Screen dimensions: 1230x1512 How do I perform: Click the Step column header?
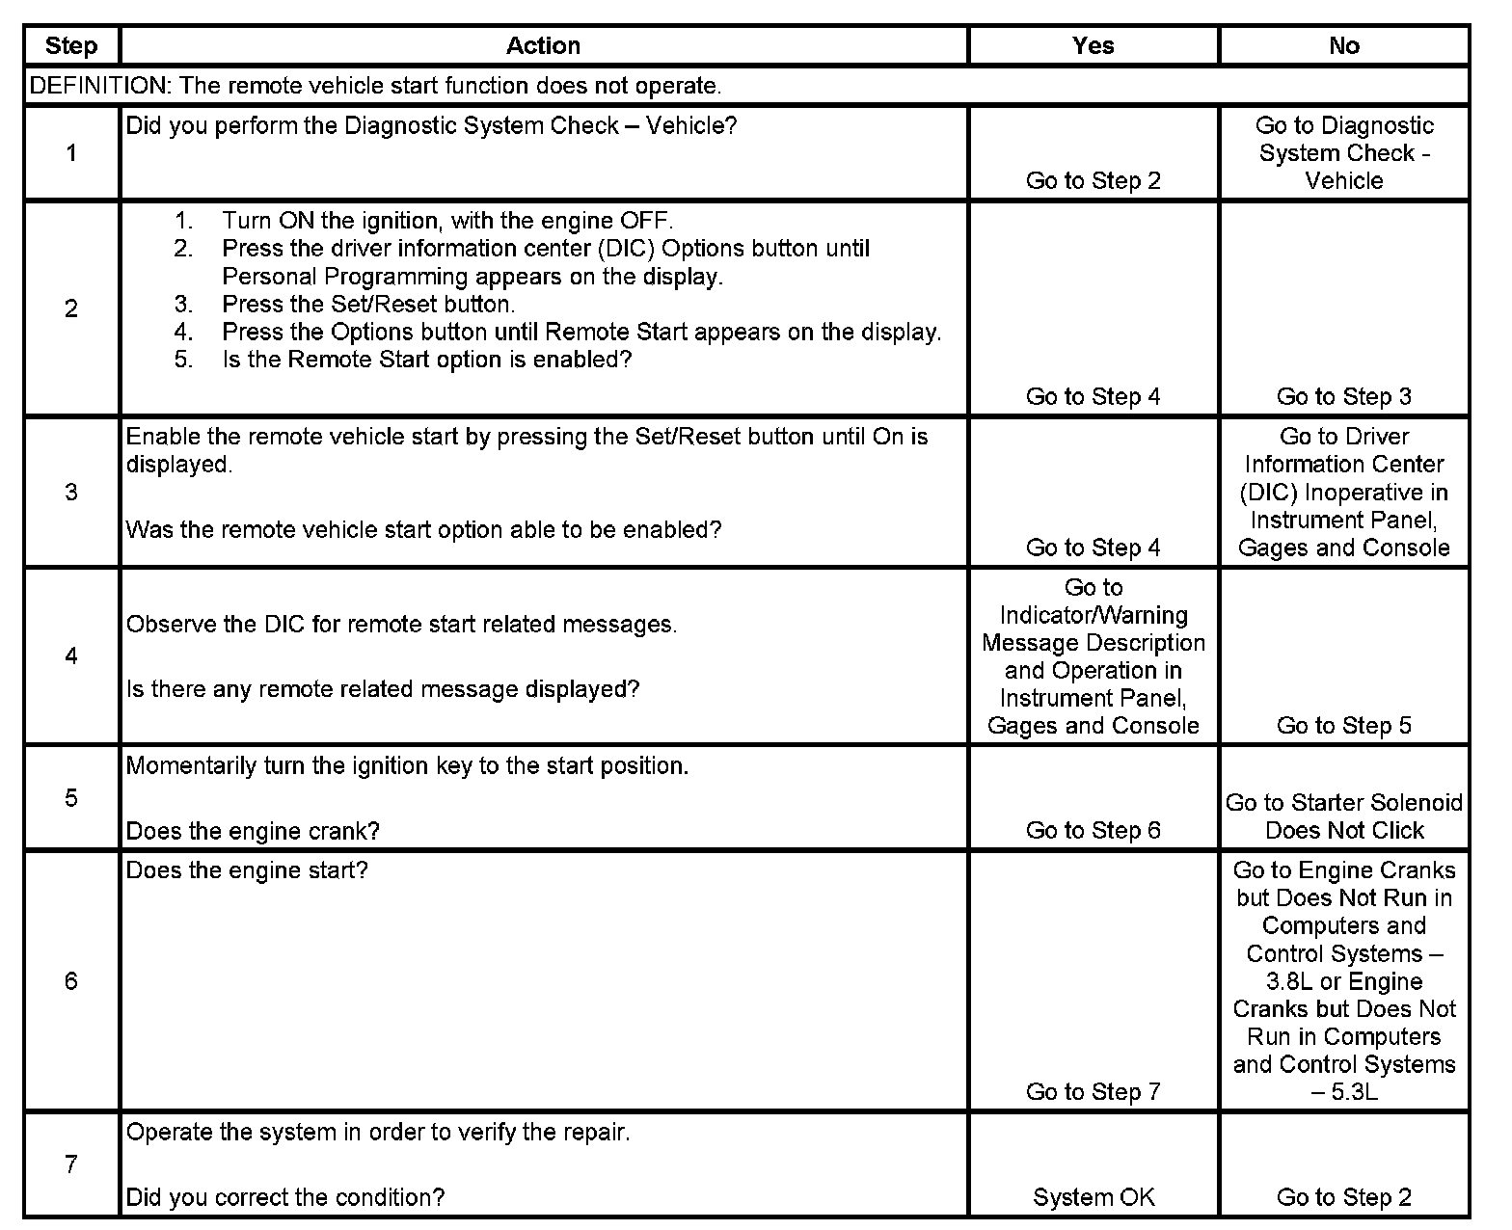click(71, 45)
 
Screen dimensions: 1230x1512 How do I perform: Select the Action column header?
click(543, 45)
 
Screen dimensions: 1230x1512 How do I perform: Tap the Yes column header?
click(1093, 45)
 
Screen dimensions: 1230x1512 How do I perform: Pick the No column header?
click(1343, 45)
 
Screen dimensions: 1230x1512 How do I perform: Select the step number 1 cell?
click(71, 152)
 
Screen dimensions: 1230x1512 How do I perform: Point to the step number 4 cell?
click(71, 655)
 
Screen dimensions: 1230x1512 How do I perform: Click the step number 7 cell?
click(71, 1163)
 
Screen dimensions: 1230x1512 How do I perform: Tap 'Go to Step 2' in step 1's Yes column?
click(1093, 180)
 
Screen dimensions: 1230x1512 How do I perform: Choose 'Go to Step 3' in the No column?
click(1343, 396)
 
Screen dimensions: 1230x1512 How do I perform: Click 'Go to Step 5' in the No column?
click(1343, 725)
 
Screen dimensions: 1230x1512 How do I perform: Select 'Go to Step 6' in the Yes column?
click(1093, 830)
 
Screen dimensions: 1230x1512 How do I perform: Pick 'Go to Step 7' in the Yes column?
click(1093, 1091)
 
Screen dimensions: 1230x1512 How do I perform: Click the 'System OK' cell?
click(1093, 1197)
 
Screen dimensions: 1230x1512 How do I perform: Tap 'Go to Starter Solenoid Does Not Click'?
click(1343, 816)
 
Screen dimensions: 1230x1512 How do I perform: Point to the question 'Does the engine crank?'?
click(253, 831)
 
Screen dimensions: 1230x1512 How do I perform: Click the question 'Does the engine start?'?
click(247, 870)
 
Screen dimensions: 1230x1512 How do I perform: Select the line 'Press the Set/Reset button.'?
click(368, 305)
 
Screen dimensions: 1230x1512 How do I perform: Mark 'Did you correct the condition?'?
click(285, 1197)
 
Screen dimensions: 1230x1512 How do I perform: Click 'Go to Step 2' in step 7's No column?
click(1343, 1197)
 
